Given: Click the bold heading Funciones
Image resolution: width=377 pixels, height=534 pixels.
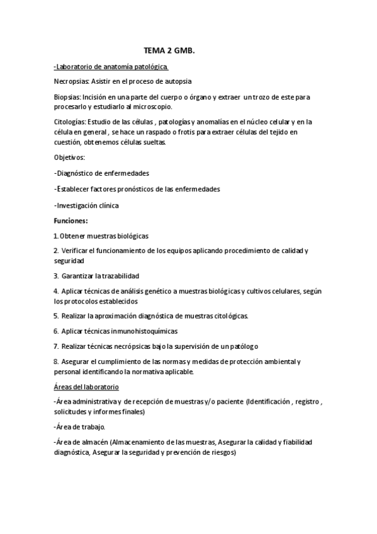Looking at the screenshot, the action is pyautogui.click(x=70, y=221).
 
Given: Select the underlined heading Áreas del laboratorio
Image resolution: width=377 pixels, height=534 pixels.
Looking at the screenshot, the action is pyautogui.click(x=91, y=386).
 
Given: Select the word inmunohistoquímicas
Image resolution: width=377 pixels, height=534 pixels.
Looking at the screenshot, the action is pyautogui.click(x=144, y=331).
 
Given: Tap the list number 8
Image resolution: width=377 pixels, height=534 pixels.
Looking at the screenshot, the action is pyautogui.click(x=56, y=361).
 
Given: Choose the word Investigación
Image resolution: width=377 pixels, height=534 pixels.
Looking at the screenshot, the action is pyautogui.click(x=78, y=205).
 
